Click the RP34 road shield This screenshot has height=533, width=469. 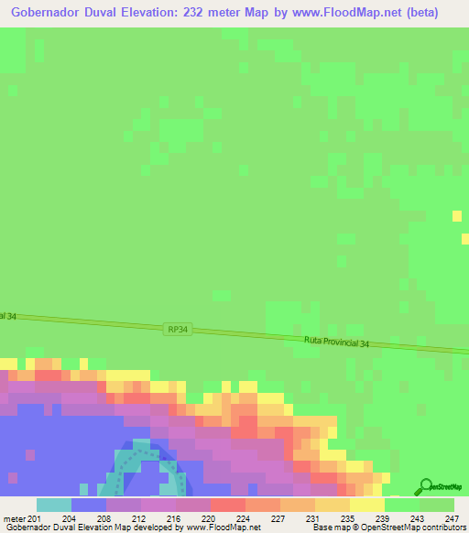click(x=179, y=329)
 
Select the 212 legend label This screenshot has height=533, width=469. click(x=139, y=517)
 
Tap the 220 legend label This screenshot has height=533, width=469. click(x=209, y=517)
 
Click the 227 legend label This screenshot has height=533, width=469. click(x=278, y=517)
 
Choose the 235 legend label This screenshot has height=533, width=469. click(x=348, y=517)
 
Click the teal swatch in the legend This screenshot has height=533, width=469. click(x=53, y=505)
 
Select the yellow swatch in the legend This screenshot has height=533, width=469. click(x=366, y=505)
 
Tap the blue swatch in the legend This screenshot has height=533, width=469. click(x=88, y=505)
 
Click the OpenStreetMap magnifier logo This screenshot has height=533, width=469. click(x=425, y=487)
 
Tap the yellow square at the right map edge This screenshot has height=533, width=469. click(x=456, y=215)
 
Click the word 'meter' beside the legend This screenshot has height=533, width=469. click(x=14, y=517)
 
